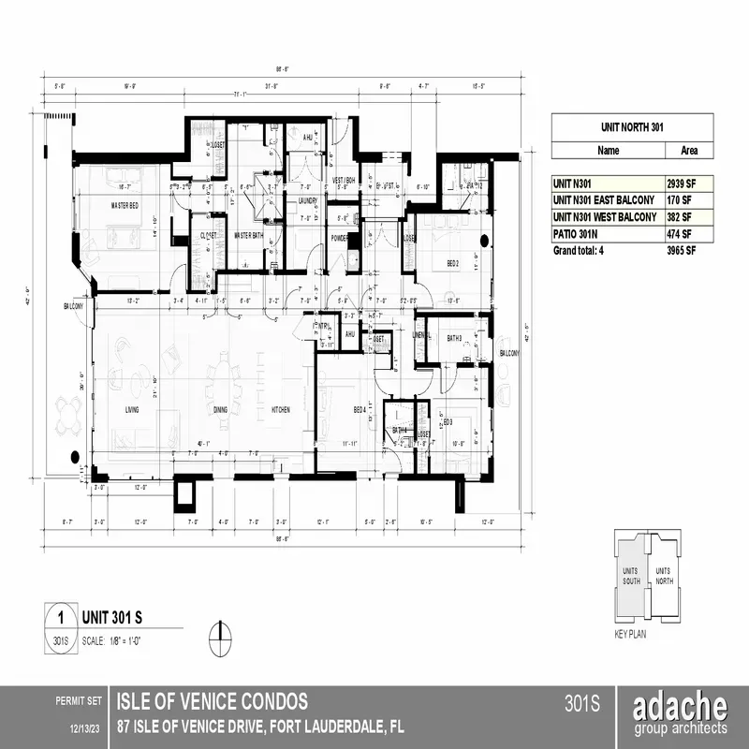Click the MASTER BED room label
pos(125,205)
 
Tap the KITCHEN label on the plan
pos(281,410)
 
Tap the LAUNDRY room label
pos(309,201)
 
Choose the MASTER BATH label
pos(251,235)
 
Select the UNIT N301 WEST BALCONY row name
pos(604,217)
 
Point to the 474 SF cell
pos(683,233)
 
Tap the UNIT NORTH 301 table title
pos(632,125)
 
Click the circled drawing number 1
pos(61,618)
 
